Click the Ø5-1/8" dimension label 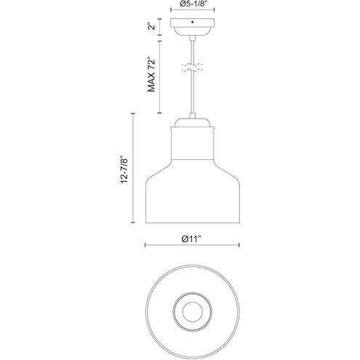pos(193,4)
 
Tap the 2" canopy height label pos(152,26)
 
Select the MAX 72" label pos(151,74)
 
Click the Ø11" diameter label pos(191,239)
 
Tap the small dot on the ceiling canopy pos(193,22)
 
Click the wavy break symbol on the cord pos(192,68)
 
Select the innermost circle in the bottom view pos(192,312)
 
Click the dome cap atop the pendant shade pos(192,122)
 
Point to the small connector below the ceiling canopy pos(192,38)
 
